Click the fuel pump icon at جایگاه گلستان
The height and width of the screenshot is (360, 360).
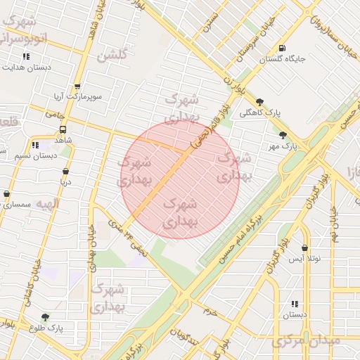point(281,48)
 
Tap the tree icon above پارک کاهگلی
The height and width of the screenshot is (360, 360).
point(260,101)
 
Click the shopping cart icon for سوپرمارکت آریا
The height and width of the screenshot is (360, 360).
point(58,82)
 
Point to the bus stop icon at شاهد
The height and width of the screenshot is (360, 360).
point(63,129)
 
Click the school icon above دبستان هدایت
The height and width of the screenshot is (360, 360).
point(26,56)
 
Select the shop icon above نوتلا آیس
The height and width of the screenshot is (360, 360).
point(304,248)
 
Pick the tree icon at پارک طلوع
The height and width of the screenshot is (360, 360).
point(46,317)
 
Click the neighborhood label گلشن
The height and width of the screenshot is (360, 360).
point(112,56)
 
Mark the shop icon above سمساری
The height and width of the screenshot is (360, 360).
point(7,194)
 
